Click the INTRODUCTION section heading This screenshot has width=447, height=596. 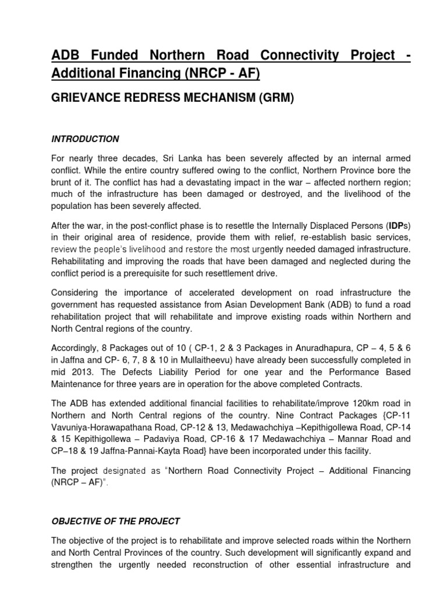(85, 139)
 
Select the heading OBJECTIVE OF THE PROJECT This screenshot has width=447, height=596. (116, 521)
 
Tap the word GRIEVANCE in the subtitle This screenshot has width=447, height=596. (86, 100)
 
